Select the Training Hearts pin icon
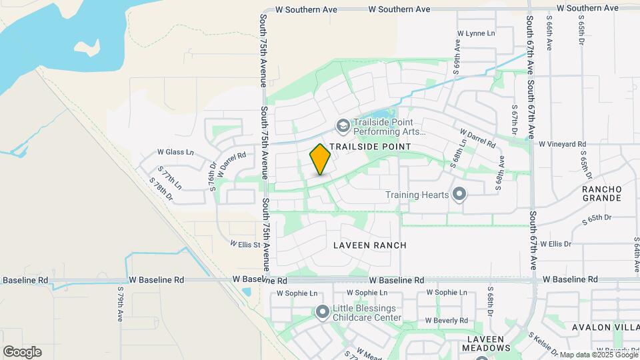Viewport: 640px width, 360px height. pyautogui.click(x=459, y=195)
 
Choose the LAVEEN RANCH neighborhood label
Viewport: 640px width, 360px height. pyautogui.click(x=370, y=245)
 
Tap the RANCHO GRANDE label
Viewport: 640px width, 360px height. pyautogui.click(x=602, y=193)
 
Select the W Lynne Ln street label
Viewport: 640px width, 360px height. pyautogui.click(x=477, y=33)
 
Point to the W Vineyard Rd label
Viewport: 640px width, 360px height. pyautogui.click(x=562, y=144)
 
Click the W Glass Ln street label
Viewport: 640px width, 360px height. pyautogui.click(x=175, y=153)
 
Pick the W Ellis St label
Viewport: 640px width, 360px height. pyautogui.click(x=245, y=245)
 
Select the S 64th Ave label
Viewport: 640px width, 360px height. pyautogui.click(x=635, y=253)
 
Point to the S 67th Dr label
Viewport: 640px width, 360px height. pyautogui.click(x=515, y=121)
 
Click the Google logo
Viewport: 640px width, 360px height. pyautogui.click(x=23, y=352)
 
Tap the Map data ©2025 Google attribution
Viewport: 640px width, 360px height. pyautogui.click(x=599, y=355)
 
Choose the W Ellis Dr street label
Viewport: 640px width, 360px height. pyautogui.click(x=556, y=244)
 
